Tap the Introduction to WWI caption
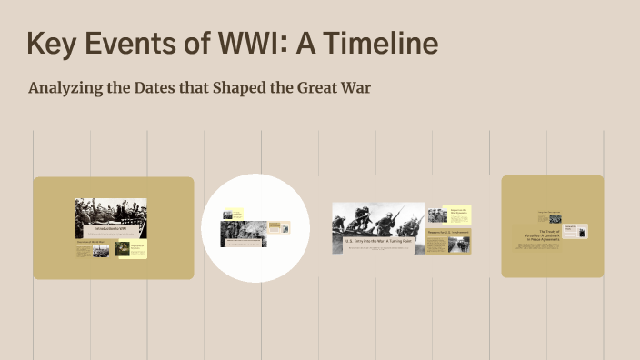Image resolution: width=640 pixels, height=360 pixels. pyautogui.click(x=110, y=231)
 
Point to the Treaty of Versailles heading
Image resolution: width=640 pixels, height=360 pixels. pyautogui.click(x=542, y=234)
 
